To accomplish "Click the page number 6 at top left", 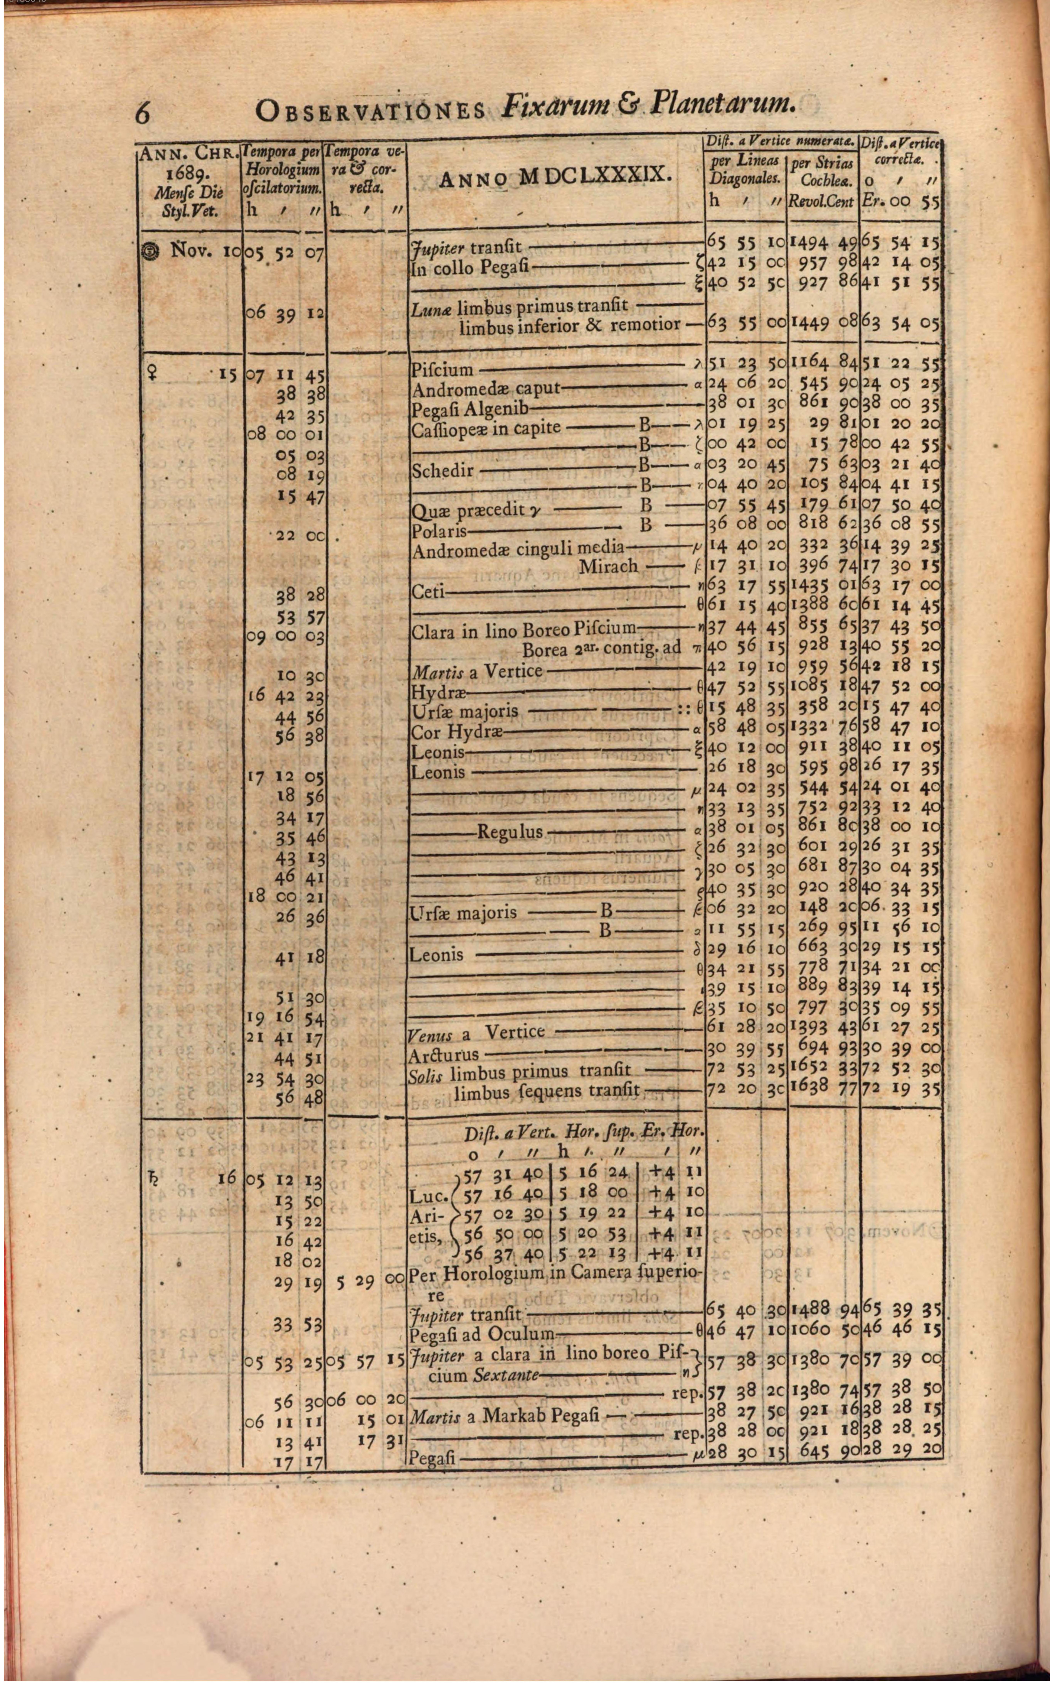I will pos(142,111).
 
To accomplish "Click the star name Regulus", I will pos(510,832).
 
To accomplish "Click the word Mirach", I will pos(608,566).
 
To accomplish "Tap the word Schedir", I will pos(443,470).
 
